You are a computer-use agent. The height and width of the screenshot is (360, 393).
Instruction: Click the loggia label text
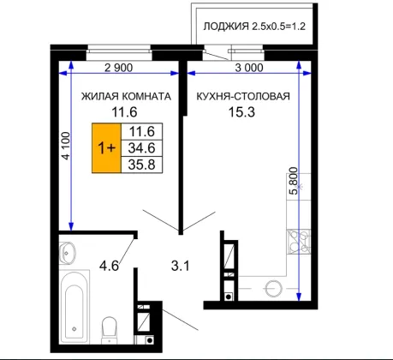click(x=254, y=27)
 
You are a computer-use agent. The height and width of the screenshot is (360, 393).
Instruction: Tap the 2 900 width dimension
click(x=118, y=68)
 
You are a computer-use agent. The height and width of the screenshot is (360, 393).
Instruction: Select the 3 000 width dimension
click(x=249, y=68)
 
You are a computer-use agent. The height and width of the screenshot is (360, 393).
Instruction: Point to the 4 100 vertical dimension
click(x=66, y=146)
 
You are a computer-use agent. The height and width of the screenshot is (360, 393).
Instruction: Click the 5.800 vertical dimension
click(x=293, y=181)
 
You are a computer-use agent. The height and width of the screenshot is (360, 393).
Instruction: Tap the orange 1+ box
click(x=106, y=148)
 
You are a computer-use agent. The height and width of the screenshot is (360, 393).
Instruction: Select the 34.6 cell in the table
click(x=142, y=148)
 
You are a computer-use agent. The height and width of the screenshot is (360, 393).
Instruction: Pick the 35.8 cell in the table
click(x=142, y=165)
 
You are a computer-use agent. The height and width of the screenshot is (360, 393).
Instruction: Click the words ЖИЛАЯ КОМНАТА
click(x=126, y=96)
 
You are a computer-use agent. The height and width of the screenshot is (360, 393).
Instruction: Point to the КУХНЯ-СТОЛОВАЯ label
click(x=243, y=96)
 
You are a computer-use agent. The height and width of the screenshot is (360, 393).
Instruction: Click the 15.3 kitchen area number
click(x=241, y=112)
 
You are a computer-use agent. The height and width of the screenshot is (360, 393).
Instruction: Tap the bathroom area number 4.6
click(x=109, y=266)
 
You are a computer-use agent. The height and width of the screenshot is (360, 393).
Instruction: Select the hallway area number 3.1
click(x=181, y=266)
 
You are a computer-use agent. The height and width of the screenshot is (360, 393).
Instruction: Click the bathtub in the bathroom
click(x=74, y=306)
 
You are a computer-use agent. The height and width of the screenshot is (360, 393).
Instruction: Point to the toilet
click(x=110, y=330)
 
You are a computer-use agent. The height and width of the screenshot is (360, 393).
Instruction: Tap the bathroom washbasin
click(x=67, y=253)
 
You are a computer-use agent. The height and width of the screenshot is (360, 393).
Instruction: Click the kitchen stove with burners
click(x=299, y=242)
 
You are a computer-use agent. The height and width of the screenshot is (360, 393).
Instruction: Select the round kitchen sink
click(x=274, y=289)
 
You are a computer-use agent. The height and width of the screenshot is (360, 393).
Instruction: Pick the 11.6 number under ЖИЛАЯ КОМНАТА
click(x=124, y=112)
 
